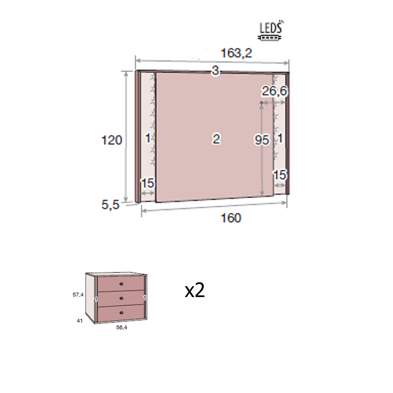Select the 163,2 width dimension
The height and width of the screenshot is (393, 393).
click(x=236, y=53)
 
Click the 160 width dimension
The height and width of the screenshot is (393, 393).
click(x=231, y=218)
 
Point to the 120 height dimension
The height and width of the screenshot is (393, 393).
click(x=112, y=140)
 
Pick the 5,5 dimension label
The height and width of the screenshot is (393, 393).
click(x=110, y=205)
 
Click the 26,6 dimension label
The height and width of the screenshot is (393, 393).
click(x=274, y=91)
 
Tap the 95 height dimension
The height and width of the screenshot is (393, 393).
click(x=262, y=140)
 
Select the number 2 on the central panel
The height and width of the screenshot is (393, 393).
click(x=216, y=139)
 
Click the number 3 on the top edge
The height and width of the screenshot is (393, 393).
click(x=215, y=71)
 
